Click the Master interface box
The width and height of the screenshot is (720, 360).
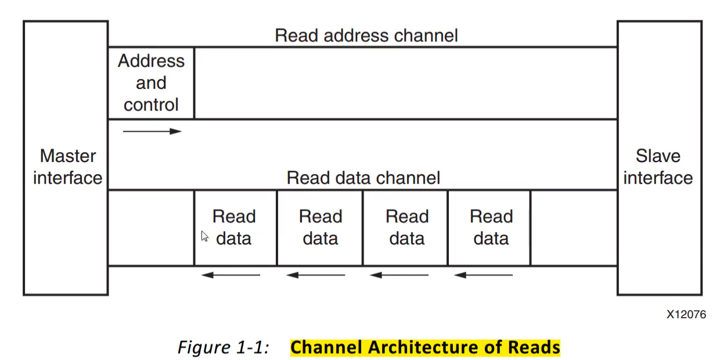(x=66, y=158)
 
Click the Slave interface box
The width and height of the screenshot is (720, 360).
(x=658, y=158)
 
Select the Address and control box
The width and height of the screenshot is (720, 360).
(x=151, y=83)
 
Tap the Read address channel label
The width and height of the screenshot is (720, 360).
(x=366, y=35)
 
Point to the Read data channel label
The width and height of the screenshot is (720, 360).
(x=363, y=178)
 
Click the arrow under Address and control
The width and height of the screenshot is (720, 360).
(x=152, y=131)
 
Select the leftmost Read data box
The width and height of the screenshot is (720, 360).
(x=235, y=228)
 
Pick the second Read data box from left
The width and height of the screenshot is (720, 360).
(x=320, y=228)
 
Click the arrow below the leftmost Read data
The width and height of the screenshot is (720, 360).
(x=231, y=275)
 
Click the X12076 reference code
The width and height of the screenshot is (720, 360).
(x=686, y=314)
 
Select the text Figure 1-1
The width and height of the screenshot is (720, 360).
(x=223, y=347)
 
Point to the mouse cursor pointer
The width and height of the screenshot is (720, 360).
(x=204, y=236)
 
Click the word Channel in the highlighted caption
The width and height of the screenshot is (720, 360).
(x=327, y=347)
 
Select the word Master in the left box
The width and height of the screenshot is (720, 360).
(x=68, y=156)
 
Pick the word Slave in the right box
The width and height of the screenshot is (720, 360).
(x=658, y=156)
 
